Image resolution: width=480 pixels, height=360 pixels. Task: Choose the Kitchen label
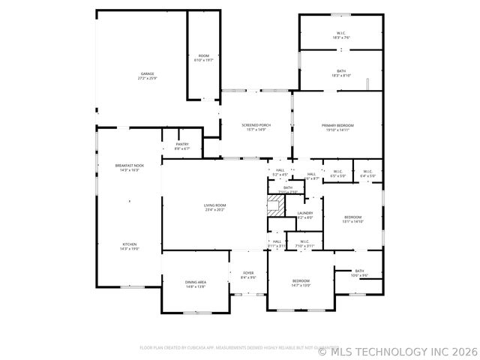(x=130, y=247)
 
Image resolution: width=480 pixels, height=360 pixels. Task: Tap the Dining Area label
(x=196, y=283)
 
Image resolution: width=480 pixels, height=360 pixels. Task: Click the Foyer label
(x=248, y=275)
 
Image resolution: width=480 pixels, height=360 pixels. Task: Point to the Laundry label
(x=304, y=215)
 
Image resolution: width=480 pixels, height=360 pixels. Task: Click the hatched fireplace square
(x=277, y=209)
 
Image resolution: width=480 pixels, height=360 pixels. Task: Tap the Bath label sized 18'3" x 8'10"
(x=341, y=73)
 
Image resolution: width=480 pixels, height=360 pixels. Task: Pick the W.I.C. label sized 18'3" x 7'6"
(x=341, y=35)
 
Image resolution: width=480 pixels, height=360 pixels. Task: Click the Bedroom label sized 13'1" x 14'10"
(x=352, y=219)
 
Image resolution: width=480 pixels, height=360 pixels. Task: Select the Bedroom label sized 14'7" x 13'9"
(x=301, y=283)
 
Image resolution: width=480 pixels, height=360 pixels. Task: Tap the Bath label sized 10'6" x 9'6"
(x=359, y=273)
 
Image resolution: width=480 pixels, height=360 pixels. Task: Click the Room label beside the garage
(x=203, y=58)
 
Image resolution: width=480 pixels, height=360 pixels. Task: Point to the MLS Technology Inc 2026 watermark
(x=398, y=350)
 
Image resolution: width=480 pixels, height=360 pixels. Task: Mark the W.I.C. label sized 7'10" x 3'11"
(x=304, y=243)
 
